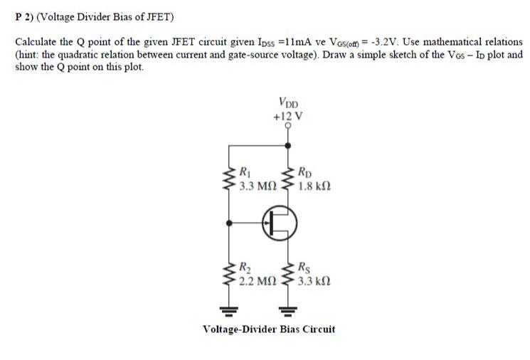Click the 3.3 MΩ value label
click(x=257, y=189)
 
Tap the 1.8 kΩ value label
click(x=314, y=189)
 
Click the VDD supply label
click(x=289, y=102)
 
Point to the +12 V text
click(x=289, y=114)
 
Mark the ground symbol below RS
click(x=288, y=310)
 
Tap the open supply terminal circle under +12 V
click(x=288, y=125)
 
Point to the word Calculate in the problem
click(x=37, y=43)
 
